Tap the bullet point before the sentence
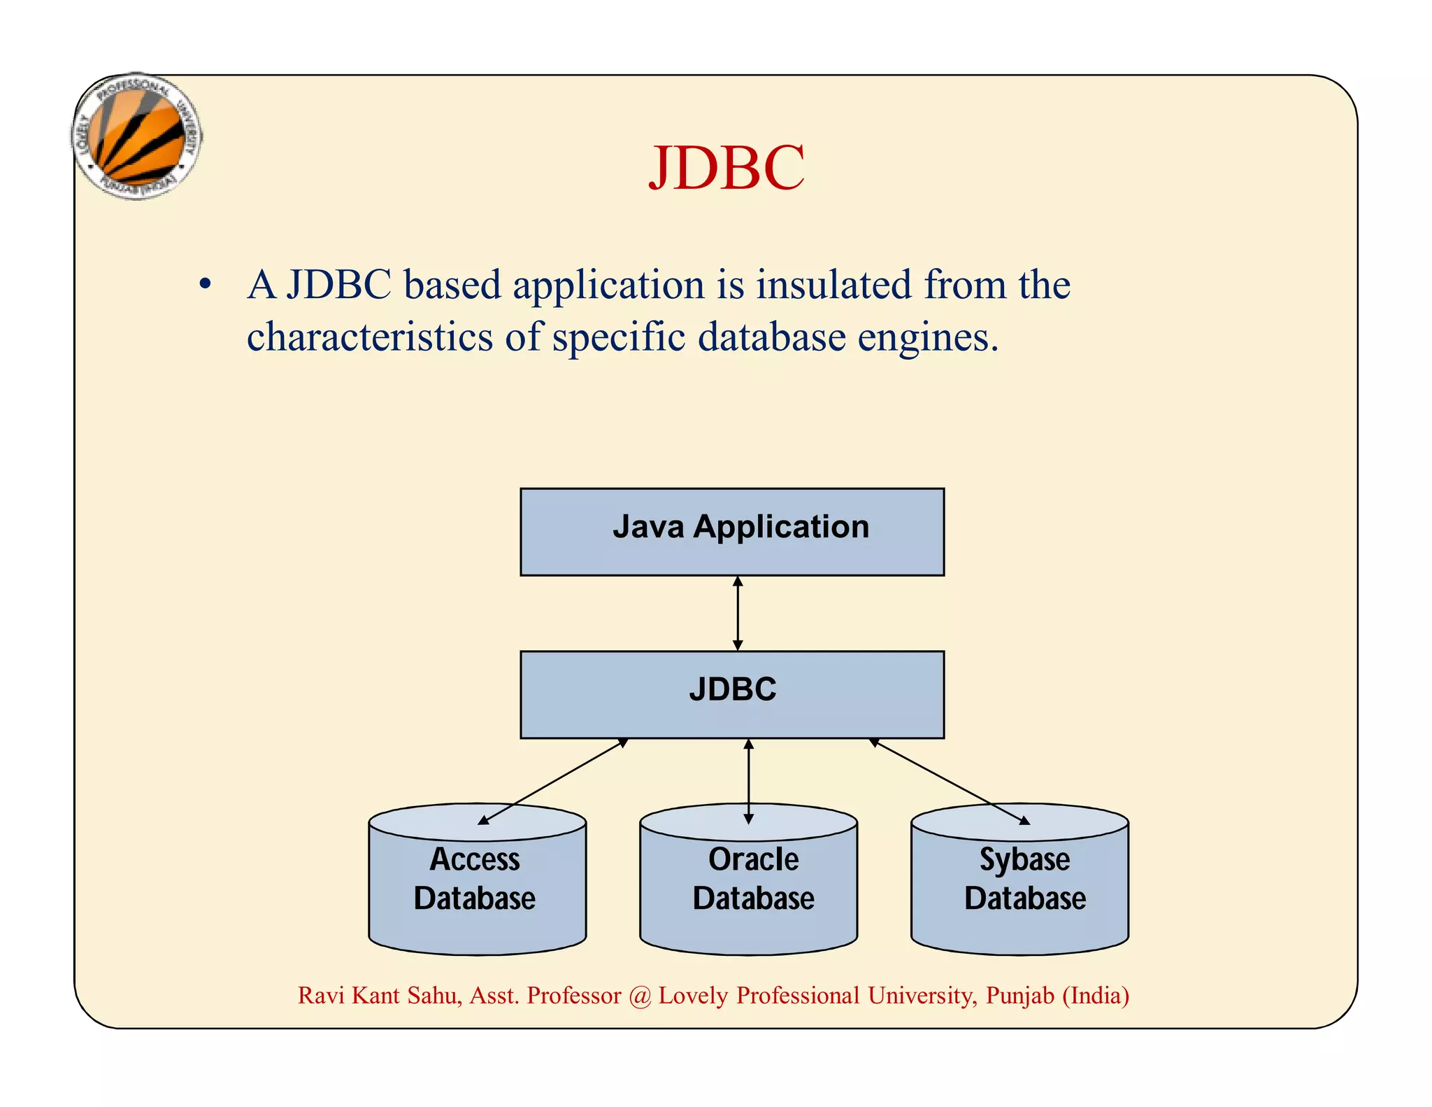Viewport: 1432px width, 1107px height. (x=205, y=285)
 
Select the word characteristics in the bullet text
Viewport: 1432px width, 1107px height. (x=370, y=337)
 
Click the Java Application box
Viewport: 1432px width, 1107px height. (x=732, y=532)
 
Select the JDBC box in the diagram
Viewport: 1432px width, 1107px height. (x=732, y=694)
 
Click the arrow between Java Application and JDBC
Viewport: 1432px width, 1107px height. (x=738, y=614)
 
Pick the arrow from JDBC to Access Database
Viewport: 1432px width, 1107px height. (x=552, y=781)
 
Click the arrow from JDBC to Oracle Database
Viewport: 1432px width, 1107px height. (x=749, y=781)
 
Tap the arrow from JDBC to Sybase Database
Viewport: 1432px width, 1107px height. (x=949, y=781)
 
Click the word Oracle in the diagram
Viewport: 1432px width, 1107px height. (x=753, y=859)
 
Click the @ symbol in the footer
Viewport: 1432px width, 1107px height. (x=639, y=996)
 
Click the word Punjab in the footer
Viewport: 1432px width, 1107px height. (x=1019, y=996)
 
